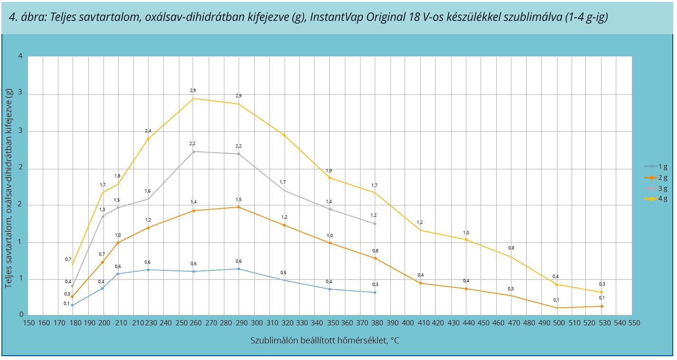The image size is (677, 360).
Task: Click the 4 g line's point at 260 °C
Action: point(193,98)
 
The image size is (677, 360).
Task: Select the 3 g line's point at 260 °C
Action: point(193,151)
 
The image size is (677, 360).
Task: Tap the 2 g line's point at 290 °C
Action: point(239,207)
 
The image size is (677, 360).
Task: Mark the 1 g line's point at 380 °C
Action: point(375,292)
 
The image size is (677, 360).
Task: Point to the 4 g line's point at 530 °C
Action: point(602,292)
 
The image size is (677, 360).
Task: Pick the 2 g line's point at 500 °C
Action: point(556,308)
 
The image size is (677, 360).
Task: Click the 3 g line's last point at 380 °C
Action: point(375,223)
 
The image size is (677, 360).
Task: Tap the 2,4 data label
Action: point(148,131)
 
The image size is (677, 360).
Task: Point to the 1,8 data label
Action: point(118,176)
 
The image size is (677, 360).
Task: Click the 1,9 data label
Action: point(329,171)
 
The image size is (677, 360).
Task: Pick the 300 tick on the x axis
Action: point(257,323)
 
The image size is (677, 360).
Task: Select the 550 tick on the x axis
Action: point(634,323)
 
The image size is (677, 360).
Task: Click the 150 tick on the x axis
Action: point(29,323)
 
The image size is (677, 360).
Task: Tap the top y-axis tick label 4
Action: point(20,56)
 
